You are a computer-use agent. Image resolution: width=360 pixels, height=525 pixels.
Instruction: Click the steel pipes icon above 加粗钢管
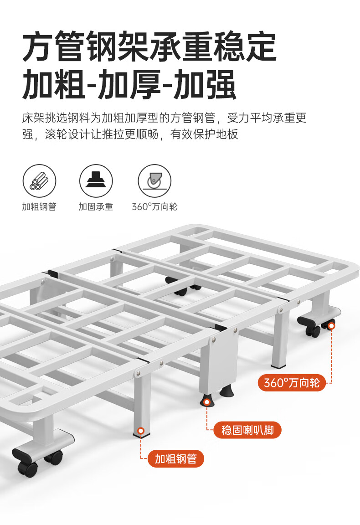pyautogui.click(x=39, y=181)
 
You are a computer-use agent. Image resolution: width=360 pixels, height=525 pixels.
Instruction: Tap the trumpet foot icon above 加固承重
pyautogui.click(x=96, y=181)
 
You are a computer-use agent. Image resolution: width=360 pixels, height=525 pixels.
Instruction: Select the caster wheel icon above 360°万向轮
pyautogui.click(x=154, y=181)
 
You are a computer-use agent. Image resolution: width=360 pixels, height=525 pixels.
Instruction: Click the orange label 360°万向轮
pyautogui.click(x=292, y=382)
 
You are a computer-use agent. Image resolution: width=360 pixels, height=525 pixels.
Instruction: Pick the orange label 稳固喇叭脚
pyautogui.click(x=247, y=430)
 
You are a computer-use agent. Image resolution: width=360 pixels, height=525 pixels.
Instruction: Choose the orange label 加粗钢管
pyautogui.click(x=176, y=459)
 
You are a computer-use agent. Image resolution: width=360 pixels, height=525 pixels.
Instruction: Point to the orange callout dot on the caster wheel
pyautogui.click(x=331, y=325)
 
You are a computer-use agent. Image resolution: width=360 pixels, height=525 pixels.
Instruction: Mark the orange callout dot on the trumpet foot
pyautogui.click(x=207, y=402)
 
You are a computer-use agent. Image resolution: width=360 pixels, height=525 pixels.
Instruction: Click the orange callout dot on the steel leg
pyautogui.click(x=141, y=431)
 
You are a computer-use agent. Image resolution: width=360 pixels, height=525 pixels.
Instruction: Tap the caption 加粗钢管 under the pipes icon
pyautogui.click(x=39, y=206)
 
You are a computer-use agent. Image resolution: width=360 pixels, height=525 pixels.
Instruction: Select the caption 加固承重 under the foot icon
pyautogui.click(x=96, y=206)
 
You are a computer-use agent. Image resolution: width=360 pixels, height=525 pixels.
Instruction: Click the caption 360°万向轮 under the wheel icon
pyautogui.click(x=154, y=206)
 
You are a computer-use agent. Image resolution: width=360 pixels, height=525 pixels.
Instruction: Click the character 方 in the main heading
pyautogui.click(x=37, y=46)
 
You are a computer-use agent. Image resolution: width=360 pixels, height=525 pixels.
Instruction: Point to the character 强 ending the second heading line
pyautogui.click(x=221, y=84)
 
